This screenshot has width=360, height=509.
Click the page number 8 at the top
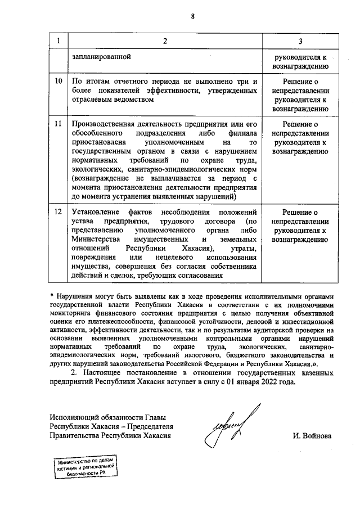point(192,16)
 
